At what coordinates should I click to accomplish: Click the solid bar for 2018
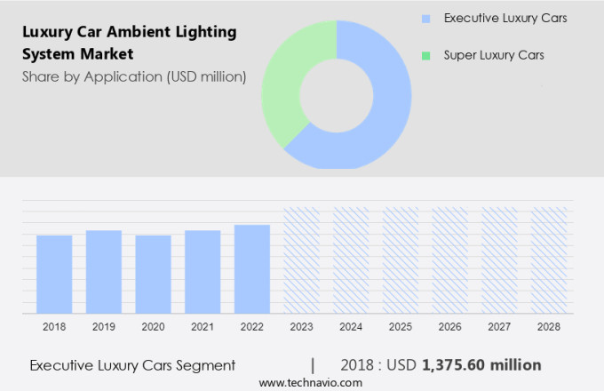tap(54, 274)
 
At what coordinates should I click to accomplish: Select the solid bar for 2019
tap(104, 271)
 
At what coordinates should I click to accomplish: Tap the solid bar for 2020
tap(153, 274)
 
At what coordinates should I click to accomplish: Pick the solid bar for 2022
tap(252, 268)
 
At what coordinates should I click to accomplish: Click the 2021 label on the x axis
tap(203, 327)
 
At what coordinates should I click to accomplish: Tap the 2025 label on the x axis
tap(401, 327)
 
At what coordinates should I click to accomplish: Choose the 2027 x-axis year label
tap(499, 327)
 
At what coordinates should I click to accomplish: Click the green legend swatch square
tap(426, 56)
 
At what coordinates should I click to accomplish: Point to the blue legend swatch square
tap(426, 19)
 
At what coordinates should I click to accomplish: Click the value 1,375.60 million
tap(481, 364)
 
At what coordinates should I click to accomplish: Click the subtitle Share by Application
tap(133, 76)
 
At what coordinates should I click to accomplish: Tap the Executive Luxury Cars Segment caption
tap(132, 364)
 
